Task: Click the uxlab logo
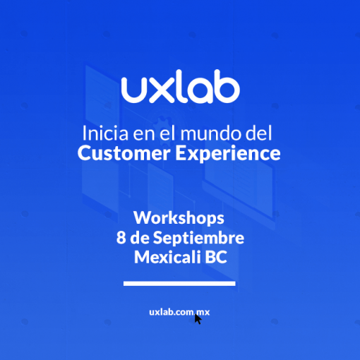pos(181,86)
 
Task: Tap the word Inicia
pos(106,133)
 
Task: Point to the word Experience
pos(228,154)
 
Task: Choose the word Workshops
pos(179,218)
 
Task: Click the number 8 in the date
pos(121,238)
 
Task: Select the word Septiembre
pos(198,238)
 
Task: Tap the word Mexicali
pos(167,257)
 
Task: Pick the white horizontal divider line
pos(179,284)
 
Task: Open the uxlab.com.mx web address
pos(179,312)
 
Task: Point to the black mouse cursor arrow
pos(198,319)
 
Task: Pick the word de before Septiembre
pos(140,238)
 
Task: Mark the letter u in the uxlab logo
pos(134,90)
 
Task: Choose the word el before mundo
pos(167,133)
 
